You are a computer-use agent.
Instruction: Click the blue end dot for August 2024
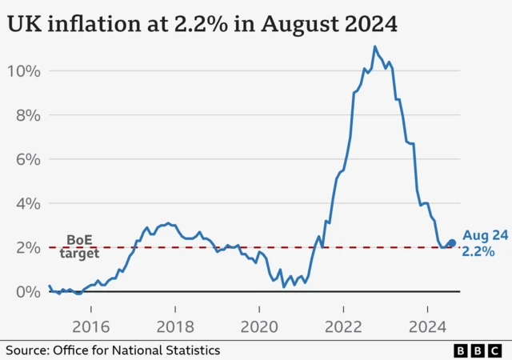tap(451, 243)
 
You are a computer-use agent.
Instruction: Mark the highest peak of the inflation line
tap(374, 47)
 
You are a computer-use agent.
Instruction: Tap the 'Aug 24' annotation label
tap(485, 236)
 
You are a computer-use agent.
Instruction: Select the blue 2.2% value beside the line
tap(478, 252)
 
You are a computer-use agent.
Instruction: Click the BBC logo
tap(478, 350)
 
